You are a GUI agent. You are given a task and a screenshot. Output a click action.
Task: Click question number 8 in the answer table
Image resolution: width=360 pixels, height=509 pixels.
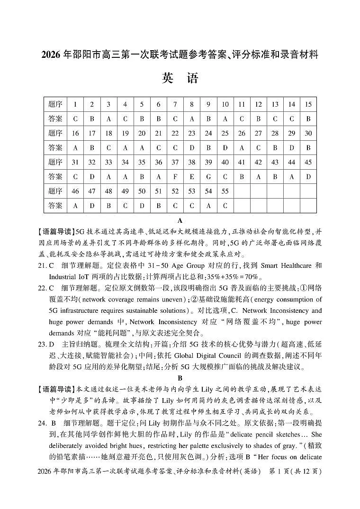pos(191,104)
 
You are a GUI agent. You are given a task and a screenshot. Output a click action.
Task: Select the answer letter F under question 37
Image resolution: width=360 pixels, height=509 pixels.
pos(175,177)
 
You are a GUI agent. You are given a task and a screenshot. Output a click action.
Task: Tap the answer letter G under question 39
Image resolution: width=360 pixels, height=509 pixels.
pos(208,177)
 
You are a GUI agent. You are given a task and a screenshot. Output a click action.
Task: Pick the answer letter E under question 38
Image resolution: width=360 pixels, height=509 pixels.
pos(191,177)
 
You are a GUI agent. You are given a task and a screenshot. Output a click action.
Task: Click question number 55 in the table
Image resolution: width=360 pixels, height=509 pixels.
pos(225,191)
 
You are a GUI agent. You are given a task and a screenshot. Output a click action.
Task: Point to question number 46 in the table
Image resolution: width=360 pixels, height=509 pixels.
pos(75,191)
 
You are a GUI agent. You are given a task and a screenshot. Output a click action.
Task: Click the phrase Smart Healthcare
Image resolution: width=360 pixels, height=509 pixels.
pos(285,266)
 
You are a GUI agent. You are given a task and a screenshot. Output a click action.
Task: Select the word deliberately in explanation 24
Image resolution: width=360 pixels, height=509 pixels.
pos(69,446)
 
